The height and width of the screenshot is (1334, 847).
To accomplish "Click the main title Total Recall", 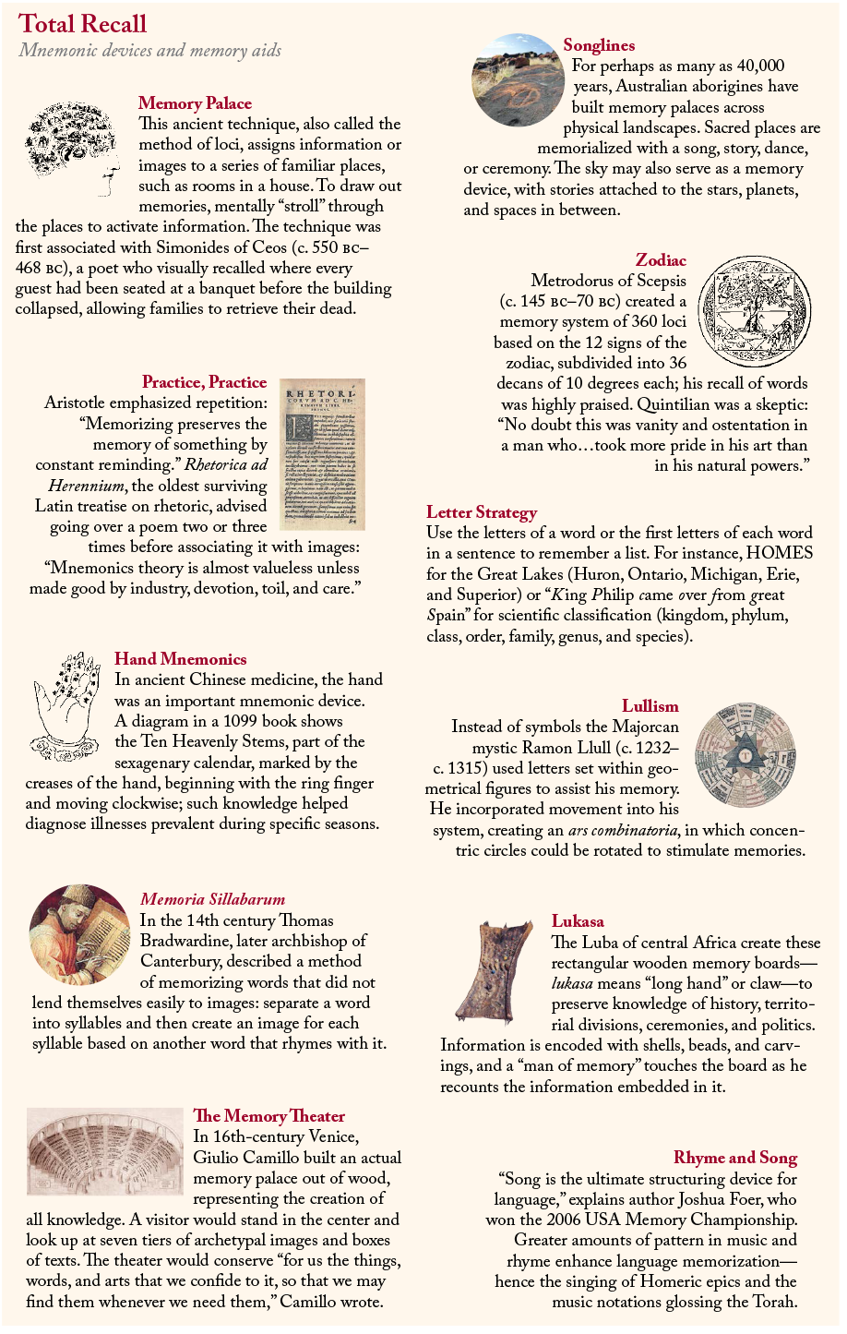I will [83, 24].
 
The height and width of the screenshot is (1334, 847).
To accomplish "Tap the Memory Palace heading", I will [195, 103].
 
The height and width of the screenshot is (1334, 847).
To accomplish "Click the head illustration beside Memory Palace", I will [75, 147].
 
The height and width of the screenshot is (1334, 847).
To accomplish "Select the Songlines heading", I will [599, 45].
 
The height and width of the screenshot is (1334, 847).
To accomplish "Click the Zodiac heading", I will [661, 260].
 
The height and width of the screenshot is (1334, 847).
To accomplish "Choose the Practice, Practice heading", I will [204, 382].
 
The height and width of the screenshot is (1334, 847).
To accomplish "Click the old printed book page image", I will [322, 454].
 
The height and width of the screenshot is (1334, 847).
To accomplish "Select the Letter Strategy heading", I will [482, 512].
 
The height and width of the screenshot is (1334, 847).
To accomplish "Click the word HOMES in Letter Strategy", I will [781, 553].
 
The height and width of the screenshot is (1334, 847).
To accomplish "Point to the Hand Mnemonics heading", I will [181, 659].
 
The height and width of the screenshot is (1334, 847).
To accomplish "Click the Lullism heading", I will [650, 706].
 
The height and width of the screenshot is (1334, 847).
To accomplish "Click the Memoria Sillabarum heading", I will [212, 899].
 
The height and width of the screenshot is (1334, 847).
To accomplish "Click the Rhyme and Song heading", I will [734, 1158].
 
